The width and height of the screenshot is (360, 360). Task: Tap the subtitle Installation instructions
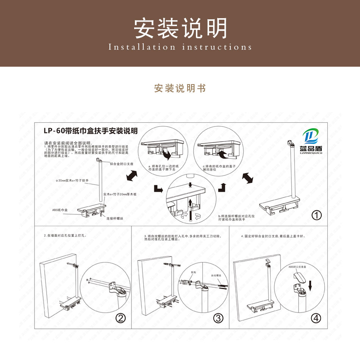(180, 47)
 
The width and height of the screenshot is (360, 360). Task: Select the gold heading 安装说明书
(180, 88)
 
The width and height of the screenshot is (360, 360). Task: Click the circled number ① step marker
(316, 215)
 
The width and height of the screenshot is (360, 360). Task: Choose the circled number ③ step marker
(218, 318)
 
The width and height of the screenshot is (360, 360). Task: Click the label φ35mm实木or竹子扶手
(72, 181)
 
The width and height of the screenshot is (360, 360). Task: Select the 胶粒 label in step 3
(194, 272)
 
